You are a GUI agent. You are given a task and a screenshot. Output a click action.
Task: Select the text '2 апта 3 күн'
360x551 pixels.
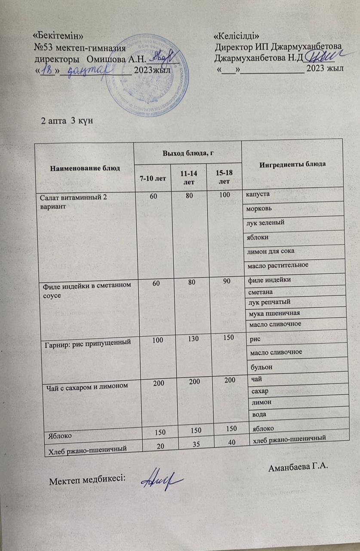[x=66, y=120]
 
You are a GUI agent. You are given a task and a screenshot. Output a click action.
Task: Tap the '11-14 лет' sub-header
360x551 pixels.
[x=188, y=179]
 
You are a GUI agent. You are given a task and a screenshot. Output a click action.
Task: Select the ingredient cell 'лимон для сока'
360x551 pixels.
[x=270, y=251]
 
